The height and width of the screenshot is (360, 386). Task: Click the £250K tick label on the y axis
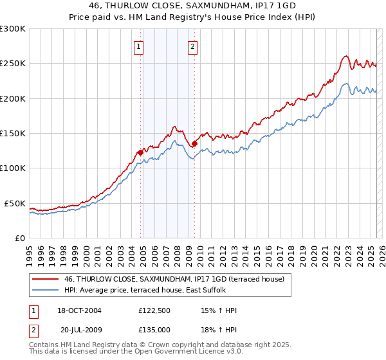coord(13,64)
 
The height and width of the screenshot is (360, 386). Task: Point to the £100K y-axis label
coord(13,168)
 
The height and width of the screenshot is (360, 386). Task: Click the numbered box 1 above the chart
coord(140,46)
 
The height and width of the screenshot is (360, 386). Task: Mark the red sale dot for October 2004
coord(140,152)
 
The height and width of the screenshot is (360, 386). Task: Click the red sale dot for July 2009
coord(194,144)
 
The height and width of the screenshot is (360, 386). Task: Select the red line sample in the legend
coord(45,279)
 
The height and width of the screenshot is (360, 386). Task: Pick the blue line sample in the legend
coord(45,290)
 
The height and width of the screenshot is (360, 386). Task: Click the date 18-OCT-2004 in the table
coord(78,310)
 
